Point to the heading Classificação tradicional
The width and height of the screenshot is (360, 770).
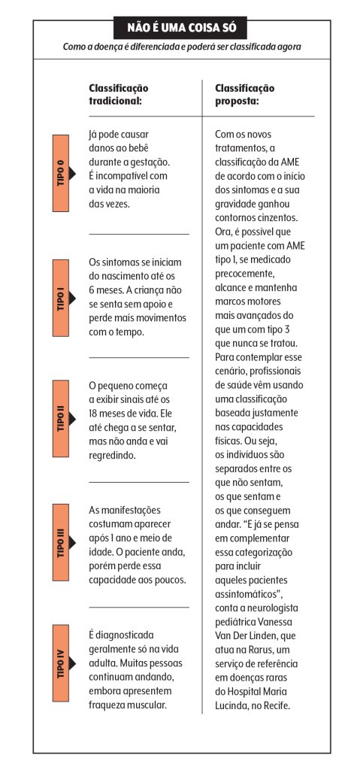(119, 94)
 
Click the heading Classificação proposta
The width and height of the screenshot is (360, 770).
(245, 94)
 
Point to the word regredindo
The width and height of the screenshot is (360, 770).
(115, 456)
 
